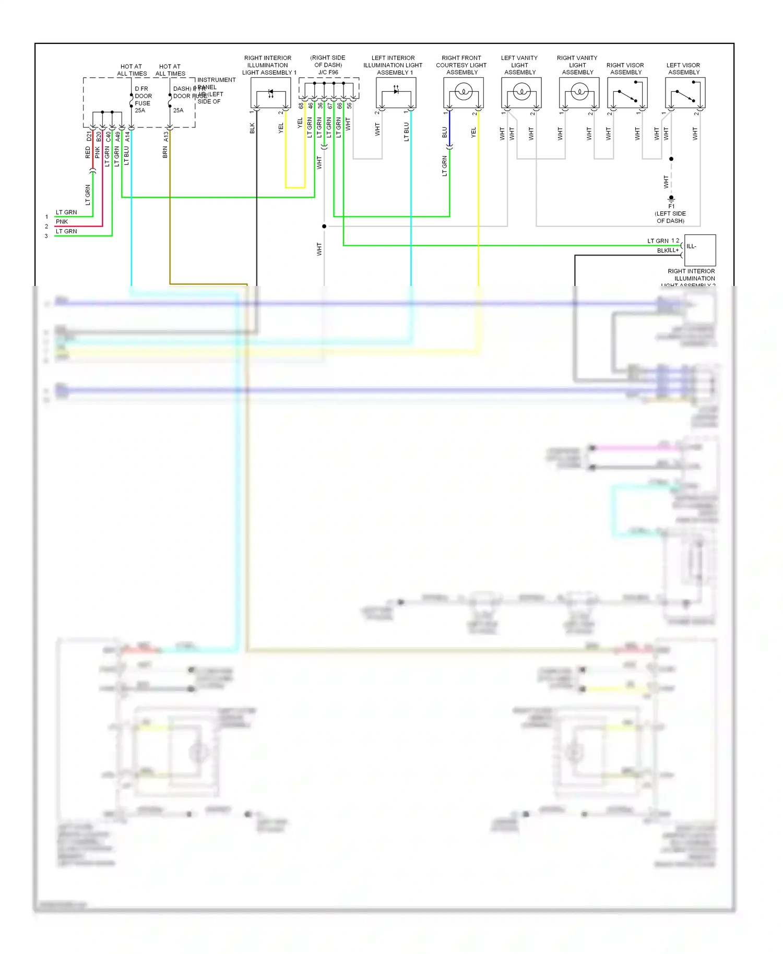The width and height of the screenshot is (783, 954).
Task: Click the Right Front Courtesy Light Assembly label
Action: pyautogui.click(x=461, y=65)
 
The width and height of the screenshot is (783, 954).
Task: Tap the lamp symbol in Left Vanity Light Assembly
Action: pyautogui.click(x=521, y=93)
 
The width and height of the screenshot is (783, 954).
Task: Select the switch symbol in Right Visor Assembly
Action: pyautogui.click(x=627, y=96)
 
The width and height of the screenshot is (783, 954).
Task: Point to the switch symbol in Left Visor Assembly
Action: pyautogui.click(x=685, y=96)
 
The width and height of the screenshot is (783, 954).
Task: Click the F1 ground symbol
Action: pyautogui.click(x=671, y=199)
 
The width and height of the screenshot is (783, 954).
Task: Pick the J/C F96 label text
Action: pyautogui.click(x=328, y=73)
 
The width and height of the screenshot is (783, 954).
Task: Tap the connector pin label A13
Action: pyautogui.click(x=166, y=137)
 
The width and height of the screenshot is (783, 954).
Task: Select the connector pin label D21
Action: pyautogui.click(x=89, y=137)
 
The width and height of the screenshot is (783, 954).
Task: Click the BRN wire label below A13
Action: pyautogui.click(x=165, y=152)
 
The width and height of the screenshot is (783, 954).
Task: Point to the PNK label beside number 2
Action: pyautogui.click(x=62, y=222)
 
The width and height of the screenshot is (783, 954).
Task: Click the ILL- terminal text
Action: pyautogui.click(x=691, y=246)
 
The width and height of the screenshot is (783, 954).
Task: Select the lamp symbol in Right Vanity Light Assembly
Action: pyautogui.click(x=579, y=93)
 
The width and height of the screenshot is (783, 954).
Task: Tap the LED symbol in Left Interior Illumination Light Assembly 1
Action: pyautogui.click(x=396, y=91)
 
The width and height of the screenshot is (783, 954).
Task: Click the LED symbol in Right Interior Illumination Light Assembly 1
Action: pyautogui.click(x=270, y=93)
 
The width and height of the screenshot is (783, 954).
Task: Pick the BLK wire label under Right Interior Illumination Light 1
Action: pyautogui.click(x=252, y=128)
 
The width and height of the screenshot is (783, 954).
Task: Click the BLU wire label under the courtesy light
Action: pyautogui.click(x=445, y=133)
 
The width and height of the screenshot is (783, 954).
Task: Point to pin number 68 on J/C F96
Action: pyautogui.click(x=301, y=106)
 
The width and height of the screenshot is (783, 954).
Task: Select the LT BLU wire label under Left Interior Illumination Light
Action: pyautogui.click(x=406, y=132)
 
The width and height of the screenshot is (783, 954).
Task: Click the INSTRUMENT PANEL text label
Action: pyautogui.click(x=216, y=84)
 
